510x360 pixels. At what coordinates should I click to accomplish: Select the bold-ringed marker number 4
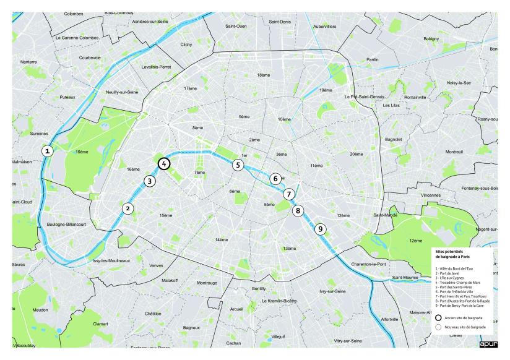click(x=163, y=164)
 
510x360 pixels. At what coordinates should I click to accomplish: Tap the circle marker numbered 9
click(x=320, y=229)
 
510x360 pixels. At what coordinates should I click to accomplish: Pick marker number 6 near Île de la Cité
click(x=275, y=179)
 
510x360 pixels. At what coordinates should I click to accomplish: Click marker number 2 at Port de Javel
click(x=127, y=208)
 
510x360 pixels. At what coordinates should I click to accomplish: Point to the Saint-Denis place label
click(x=280, y=22)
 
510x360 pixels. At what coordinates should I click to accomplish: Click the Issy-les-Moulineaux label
click(x=111, y=260)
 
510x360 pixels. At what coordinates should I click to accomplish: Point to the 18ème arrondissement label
click(x=264, y=75)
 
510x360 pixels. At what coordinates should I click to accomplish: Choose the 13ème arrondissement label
click(x=289, y=248)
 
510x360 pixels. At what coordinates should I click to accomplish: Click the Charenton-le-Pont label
click(x=368, y=264)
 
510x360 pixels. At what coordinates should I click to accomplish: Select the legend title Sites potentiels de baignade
click(x=454, y=255)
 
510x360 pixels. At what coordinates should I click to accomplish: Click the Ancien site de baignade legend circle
click(x=439, y=317)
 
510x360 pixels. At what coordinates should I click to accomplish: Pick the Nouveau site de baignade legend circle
click(x=439, y=326)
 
